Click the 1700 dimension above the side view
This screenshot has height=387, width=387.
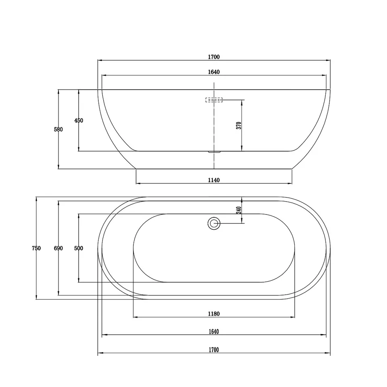point(214,57)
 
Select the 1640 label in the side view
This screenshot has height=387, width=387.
point(214,72)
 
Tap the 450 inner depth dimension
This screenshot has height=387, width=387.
point(79,121)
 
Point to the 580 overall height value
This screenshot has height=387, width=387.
point(58,129)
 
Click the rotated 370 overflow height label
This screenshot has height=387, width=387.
point(239,126)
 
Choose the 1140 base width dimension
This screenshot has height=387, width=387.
point(214,180)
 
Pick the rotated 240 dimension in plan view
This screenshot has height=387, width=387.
point(239,210)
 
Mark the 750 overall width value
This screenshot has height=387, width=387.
point(36,248)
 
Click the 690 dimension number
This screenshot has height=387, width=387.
point(58,248)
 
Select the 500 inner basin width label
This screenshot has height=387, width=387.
point(79,248)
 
